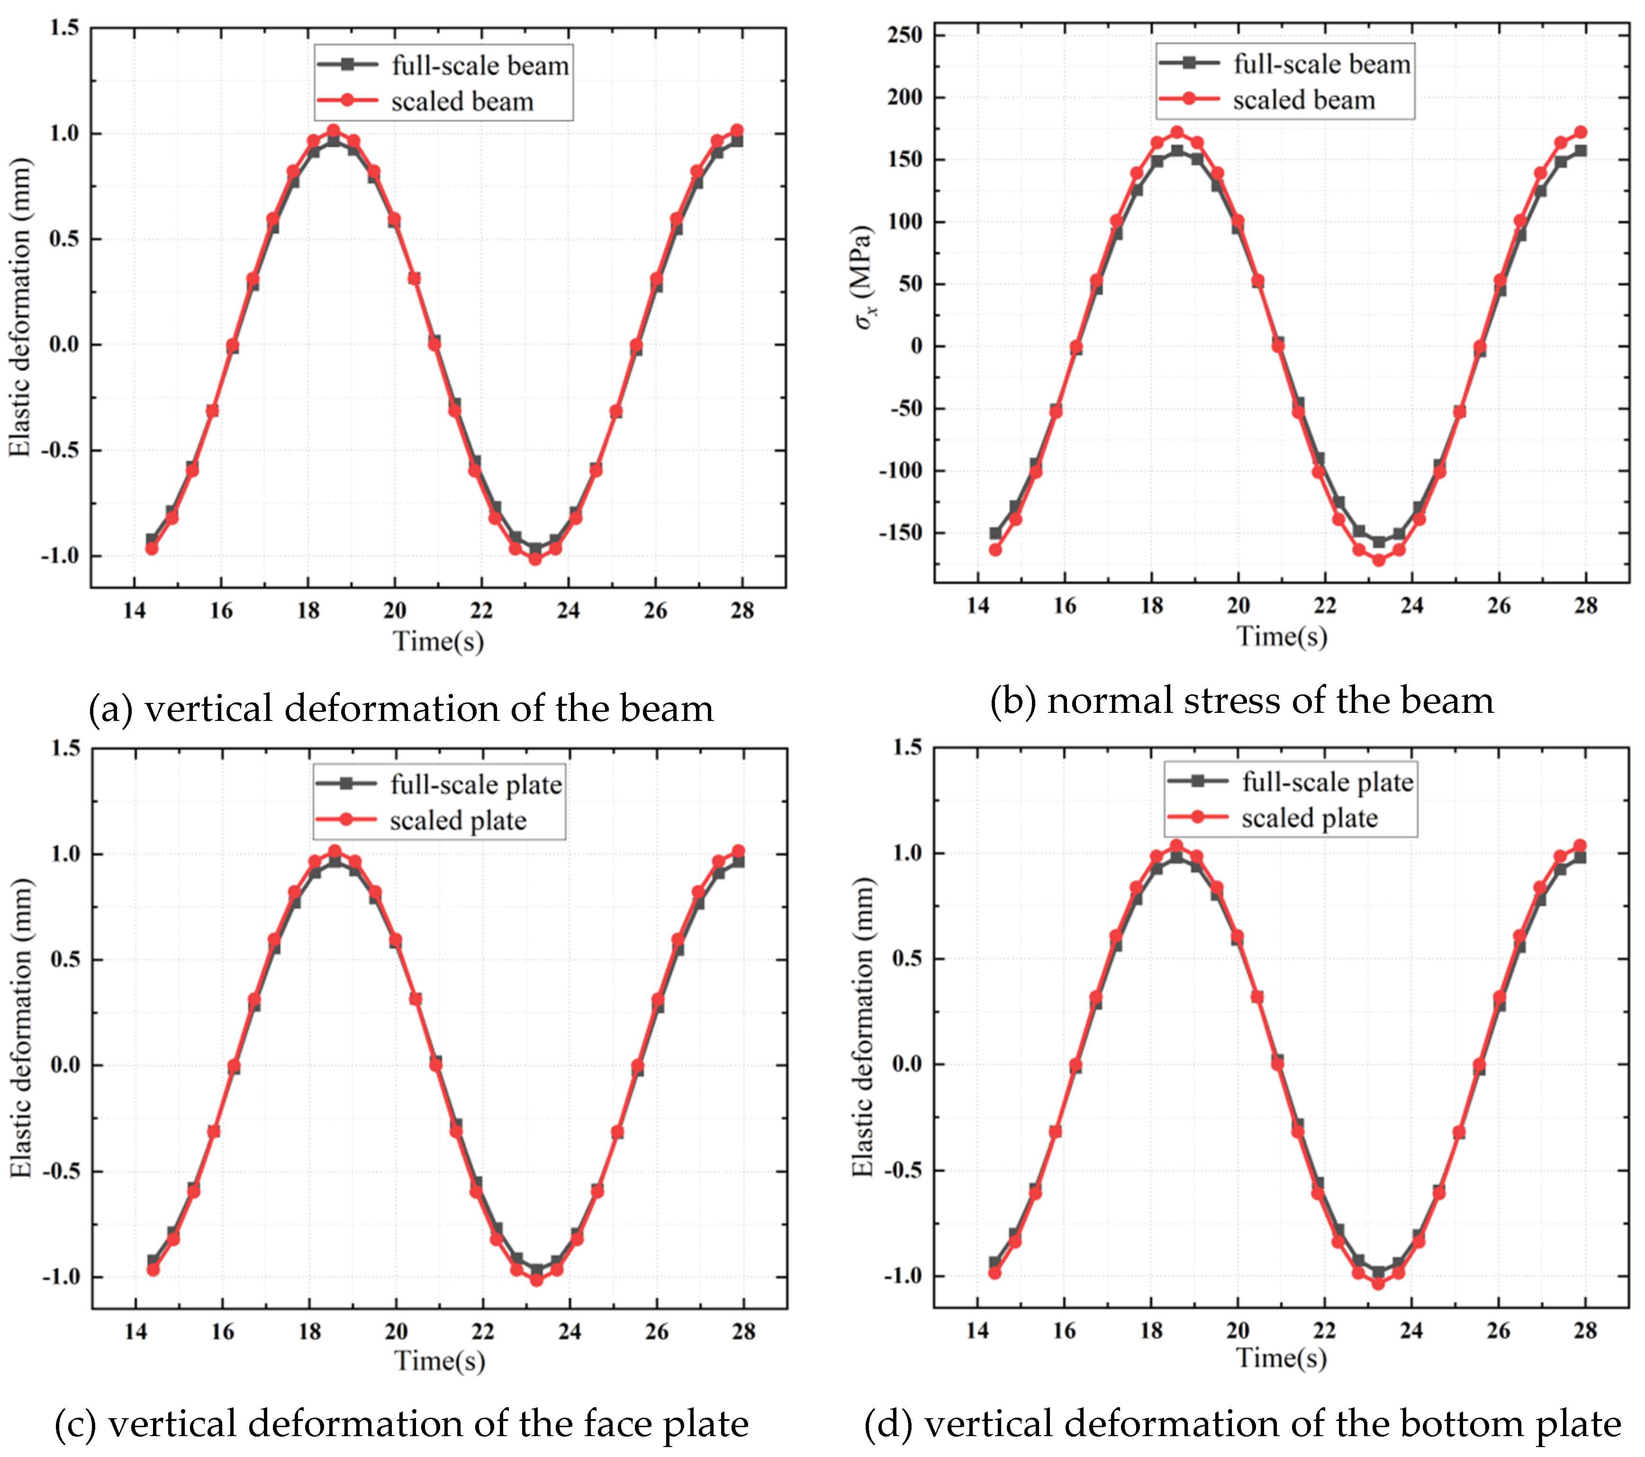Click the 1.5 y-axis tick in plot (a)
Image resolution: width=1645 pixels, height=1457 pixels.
pos(64,27)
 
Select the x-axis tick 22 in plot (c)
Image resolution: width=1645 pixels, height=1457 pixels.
pos(483,1331)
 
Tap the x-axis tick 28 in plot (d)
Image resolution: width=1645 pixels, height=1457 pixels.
pos(1585,1331)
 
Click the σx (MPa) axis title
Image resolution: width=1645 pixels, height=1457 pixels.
pos(864,278)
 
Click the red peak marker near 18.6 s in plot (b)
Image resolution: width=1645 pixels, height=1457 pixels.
pos(1176,132)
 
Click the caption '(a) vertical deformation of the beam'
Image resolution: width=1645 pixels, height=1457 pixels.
pos(401,709)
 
